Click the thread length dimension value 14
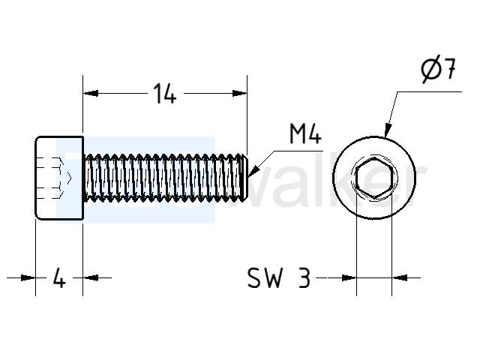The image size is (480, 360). coord(165,93)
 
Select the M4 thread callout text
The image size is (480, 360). coord(305,134)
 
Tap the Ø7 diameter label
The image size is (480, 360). coord(438,69)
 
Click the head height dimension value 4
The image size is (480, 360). coord(59,277)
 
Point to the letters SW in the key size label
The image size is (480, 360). coord(264,277)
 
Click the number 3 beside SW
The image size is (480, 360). coord(304,277)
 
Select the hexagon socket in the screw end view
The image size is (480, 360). coord(374,178)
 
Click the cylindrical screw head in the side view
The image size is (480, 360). coord(59,178)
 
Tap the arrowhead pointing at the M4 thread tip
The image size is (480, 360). coord(254,172)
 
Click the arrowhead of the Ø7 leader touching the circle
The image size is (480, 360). coord(388,130)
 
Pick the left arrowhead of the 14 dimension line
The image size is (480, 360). coord(91,93)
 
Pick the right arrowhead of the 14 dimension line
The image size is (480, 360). coord(239,93)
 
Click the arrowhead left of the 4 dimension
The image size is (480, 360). coord(28,277)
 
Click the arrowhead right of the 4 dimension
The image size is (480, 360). coord(91,277)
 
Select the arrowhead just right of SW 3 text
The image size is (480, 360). coord(349,277)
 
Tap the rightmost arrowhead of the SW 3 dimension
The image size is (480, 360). coord(400,277)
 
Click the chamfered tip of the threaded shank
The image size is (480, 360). coord(244,178)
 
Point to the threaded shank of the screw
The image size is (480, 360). coord(165,178)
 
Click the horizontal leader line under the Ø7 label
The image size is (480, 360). coord(429,91)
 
